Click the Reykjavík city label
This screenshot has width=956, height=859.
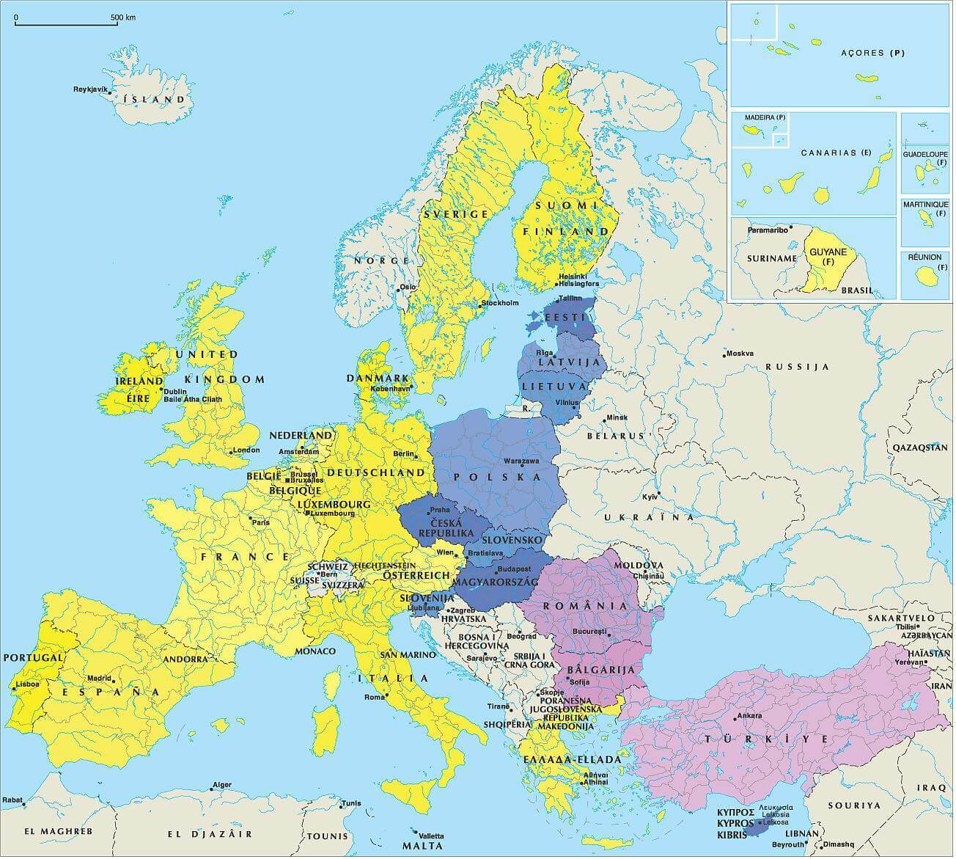click(90, 89)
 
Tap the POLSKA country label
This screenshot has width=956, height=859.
click(498, 478)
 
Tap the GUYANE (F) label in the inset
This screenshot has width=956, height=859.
click(828, 256)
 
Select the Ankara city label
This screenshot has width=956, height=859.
click(750, 716)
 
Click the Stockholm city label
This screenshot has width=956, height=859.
click(500, 303)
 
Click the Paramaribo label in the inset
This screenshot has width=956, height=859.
click(768, 230)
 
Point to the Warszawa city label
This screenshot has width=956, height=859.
click(521, 461)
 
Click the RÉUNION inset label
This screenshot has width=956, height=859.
click(924, 257)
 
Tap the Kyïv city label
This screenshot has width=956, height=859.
click(650, 497)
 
